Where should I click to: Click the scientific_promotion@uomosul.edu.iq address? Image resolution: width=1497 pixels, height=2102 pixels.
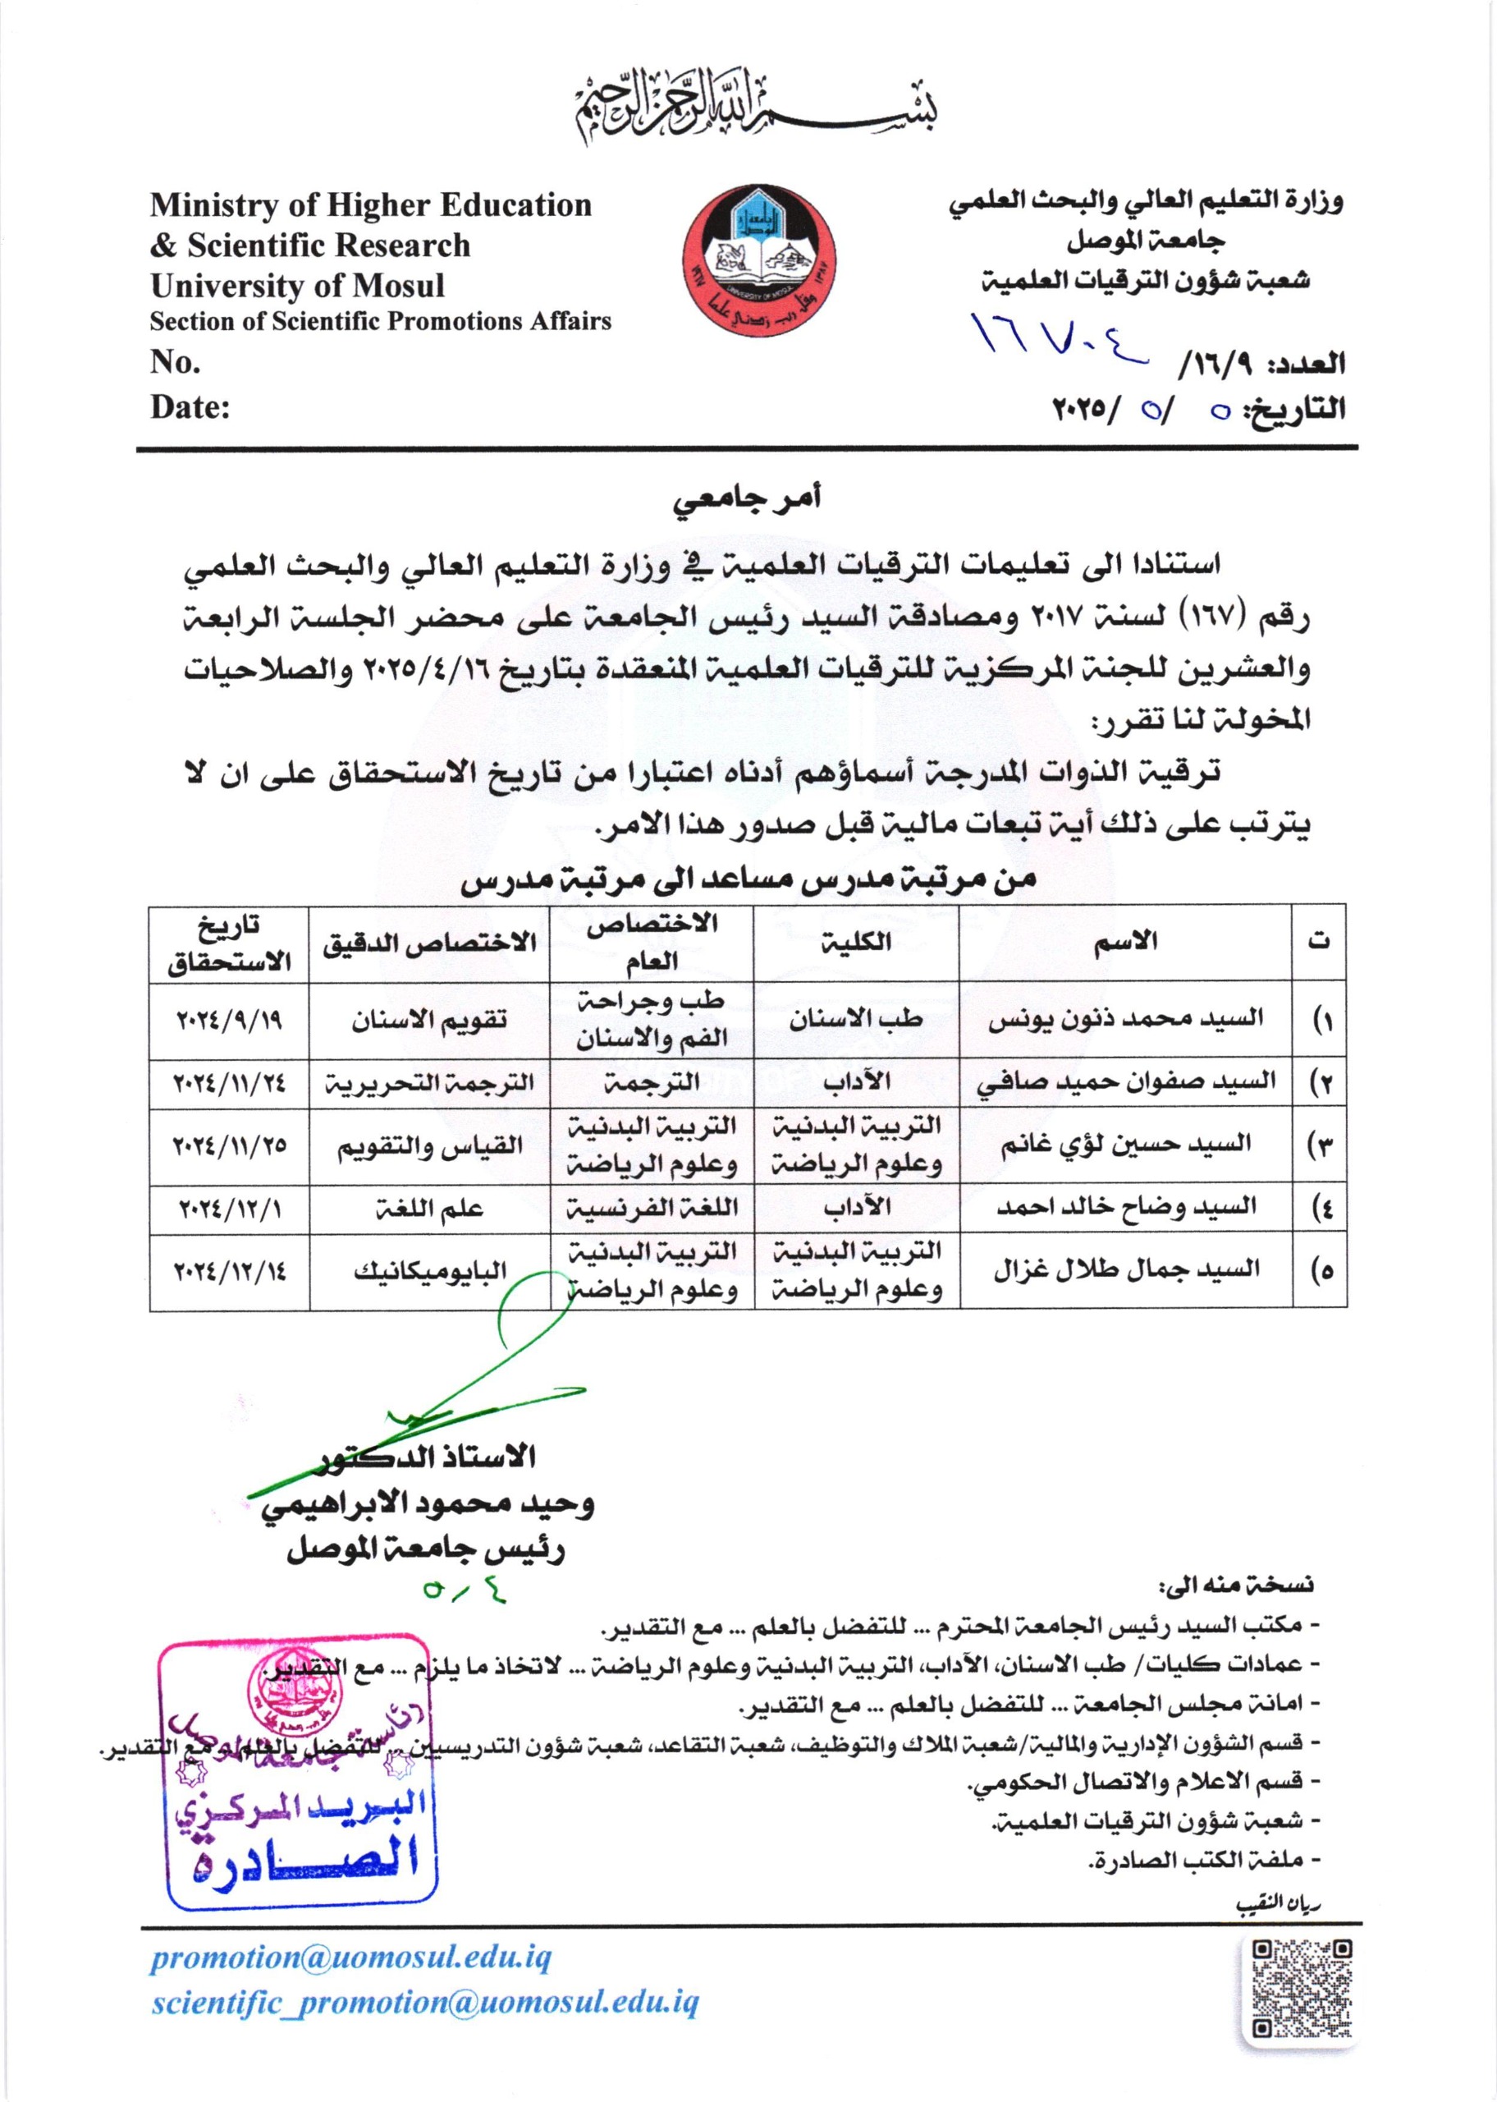[x=425, y=2003]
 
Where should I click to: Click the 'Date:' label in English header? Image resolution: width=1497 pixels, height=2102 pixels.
[x=190, y=406]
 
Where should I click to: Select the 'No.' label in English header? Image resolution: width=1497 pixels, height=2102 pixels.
[x=175, y=362]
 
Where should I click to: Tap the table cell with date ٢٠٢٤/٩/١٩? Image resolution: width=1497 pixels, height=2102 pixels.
[x=230, y=1021]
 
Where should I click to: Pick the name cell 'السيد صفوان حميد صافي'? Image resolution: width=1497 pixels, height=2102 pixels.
[x=1125, y=1081]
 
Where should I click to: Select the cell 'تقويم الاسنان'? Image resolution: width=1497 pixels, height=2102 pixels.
[x=428, y=1021]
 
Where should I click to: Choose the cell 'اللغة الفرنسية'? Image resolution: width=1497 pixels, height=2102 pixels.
[x=652, y=1208]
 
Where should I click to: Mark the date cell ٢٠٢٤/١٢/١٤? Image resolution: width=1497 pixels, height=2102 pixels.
[x=230, y=1271]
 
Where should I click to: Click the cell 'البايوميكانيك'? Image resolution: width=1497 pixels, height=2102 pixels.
[x=429, y=1271]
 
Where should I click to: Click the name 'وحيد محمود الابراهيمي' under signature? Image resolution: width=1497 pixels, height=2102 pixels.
[x=428, y=1504]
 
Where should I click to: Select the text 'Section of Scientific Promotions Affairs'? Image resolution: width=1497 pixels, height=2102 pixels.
[x=381, y=322]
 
